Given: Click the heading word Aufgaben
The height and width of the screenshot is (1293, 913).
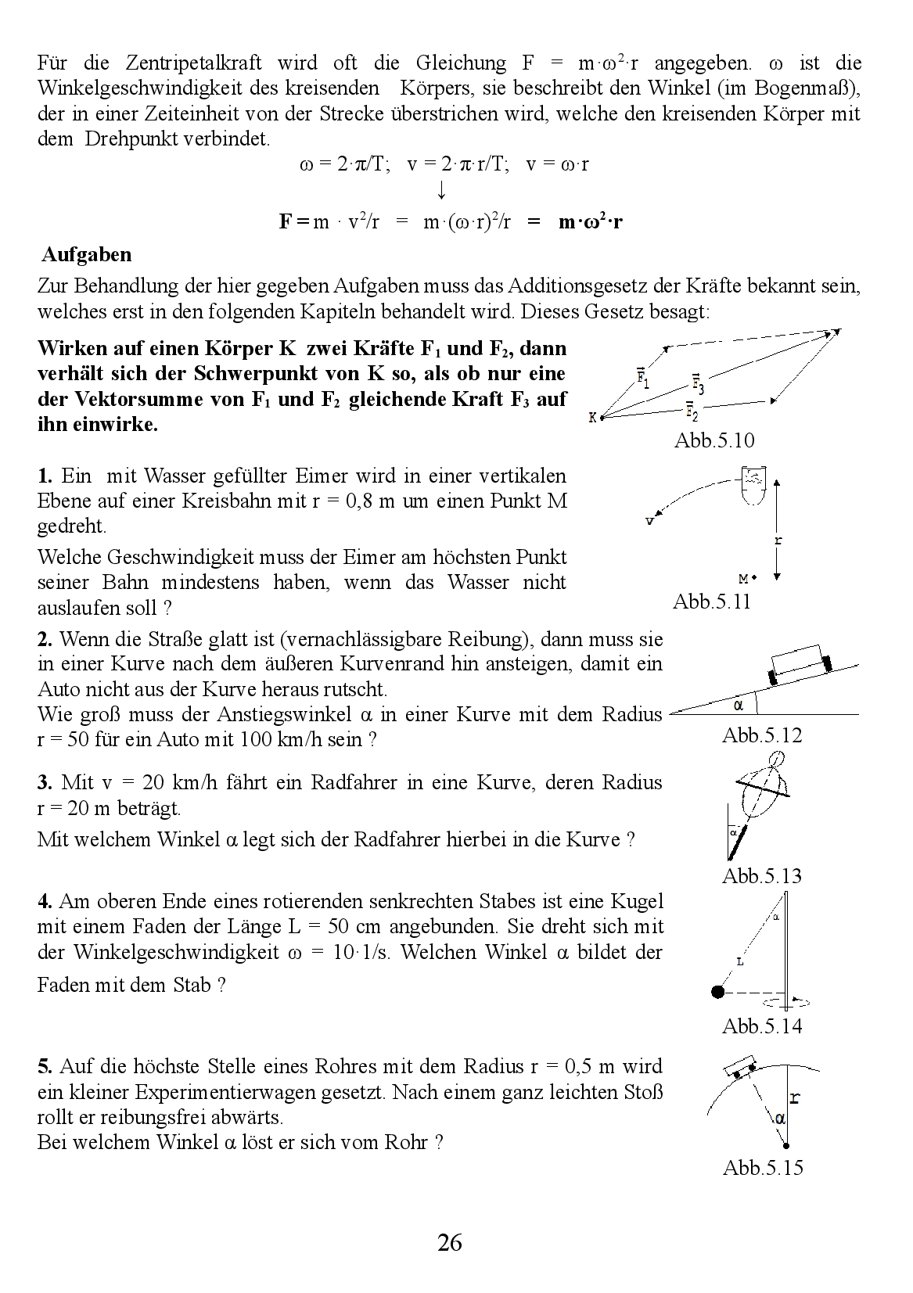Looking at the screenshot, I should click(x=87, y=255).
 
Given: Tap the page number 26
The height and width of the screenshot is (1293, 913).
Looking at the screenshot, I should click(x=450, y=1242).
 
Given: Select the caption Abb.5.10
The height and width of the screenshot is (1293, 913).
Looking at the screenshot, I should click(x=714, y=440).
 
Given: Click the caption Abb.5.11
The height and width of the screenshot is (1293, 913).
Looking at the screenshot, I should click(x=711, y=602).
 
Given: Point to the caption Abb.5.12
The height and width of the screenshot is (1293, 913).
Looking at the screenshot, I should click(x=762, y=735).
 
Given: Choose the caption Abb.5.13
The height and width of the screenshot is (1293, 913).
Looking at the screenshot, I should click(x=762, y=876).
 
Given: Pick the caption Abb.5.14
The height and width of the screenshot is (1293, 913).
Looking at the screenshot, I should click(x=762, y=1025).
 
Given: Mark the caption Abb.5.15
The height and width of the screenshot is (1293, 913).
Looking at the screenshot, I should click(x=763, y=1168).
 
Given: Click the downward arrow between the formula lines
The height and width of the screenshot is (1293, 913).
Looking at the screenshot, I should click(x=442, y=191).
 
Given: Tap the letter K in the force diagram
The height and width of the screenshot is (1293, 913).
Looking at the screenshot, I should click(x=593, y=418).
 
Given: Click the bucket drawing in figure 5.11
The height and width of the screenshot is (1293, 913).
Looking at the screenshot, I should click(x=753, y=485).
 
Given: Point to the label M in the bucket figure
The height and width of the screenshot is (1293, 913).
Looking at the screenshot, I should click(x=743, y=579).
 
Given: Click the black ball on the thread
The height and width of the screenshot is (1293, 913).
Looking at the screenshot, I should click(x=717, y=992).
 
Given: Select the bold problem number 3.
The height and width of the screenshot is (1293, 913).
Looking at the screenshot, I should click(x=45, y=783).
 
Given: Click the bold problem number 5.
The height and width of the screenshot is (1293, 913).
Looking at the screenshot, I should click(x=45, y=1067).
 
